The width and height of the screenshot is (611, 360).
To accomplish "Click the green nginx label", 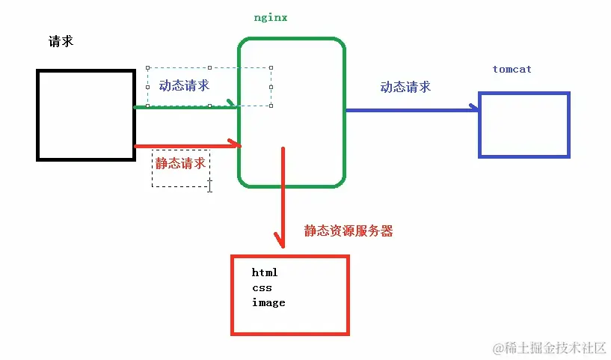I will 270,17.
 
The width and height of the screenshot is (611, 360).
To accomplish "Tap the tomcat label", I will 512,69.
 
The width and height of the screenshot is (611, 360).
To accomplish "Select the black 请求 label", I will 61,41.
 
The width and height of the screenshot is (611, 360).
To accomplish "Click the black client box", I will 86,115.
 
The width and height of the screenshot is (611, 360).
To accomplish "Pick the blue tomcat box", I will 524,124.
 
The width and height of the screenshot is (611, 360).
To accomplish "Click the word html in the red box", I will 265,272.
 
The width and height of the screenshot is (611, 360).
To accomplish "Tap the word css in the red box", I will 262,287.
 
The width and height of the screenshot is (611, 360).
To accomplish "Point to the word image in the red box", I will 268,302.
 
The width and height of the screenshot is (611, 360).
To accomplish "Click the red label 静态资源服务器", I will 348,231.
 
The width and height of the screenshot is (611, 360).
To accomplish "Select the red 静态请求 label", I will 180,163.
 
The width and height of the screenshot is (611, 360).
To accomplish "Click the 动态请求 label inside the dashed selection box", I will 184,85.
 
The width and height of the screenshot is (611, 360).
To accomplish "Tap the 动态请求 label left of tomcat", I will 405,87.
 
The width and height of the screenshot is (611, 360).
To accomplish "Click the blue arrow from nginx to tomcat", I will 411,109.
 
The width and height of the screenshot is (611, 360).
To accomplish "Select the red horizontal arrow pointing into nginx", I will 187,146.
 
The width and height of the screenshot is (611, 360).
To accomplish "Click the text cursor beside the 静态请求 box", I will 210,185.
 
